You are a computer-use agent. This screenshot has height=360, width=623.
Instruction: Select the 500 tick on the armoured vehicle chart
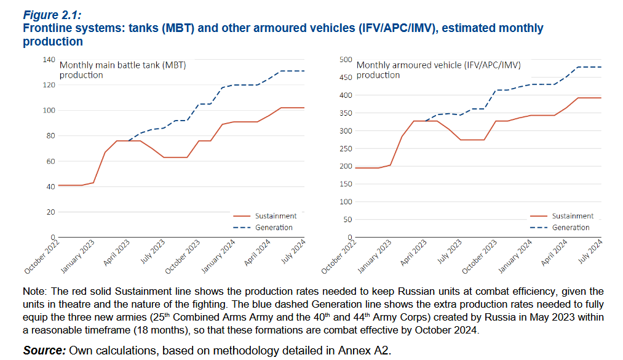click(346, 60)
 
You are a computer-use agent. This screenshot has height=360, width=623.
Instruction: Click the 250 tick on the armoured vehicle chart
click(346, 148)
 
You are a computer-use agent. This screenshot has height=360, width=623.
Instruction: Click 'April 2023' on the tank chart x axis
click(116, 254)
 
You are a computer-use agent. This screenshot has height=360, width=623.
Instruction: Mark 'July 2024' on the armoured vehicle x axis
click(591, 252)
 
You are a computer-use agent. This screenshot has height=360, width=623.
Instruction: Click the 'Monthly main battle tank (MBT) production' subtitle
click(122, 70)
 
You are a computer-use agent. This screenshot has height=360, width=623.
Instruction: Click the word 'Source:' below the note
click(44, 350)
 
